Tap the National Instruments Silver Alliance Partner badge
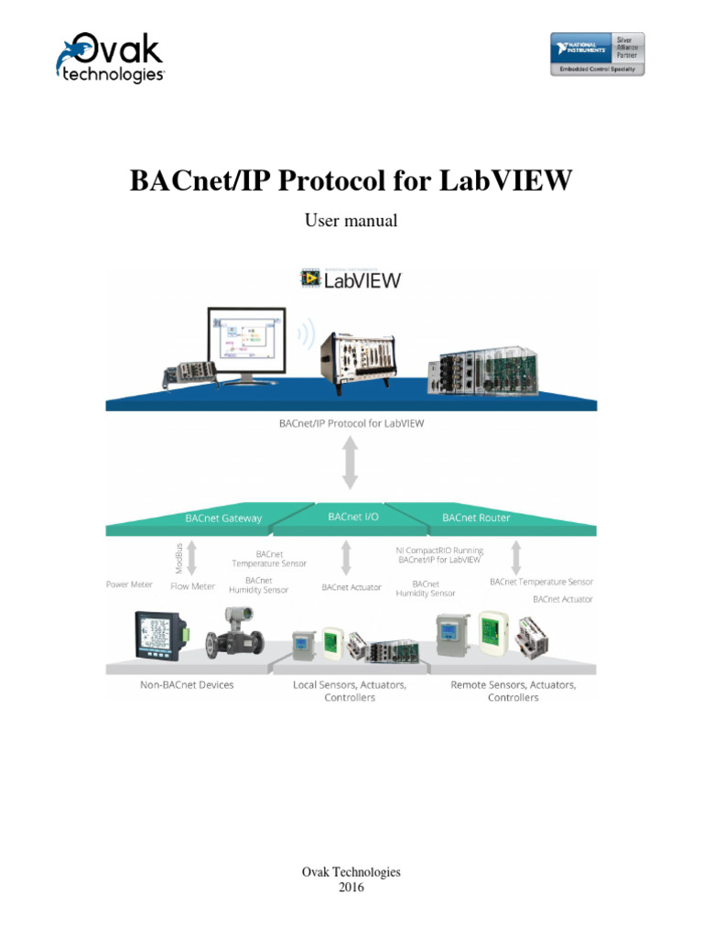pos(596,54)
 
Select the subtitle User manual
pos(351,221)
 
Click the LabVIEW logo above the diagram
pos(351,278)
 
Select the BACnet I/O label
pos(350,517)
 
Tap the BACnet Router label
pos(476,518)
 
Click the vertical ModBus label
pos(178,558)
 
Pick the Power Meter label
pos(129,584)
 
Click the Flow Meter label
pos(192,586)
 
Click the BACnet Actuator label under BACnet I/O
pos(351,587)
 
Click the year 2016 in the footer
pos(351,887)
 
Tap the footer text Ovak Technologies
pos(351,872)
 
